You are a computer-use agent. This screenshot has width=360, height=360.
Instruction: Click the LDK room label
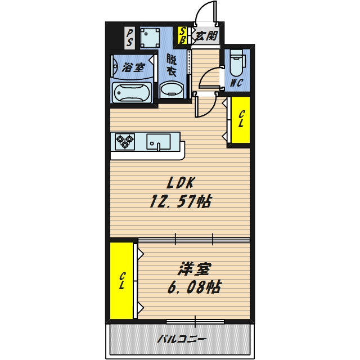coord(181,183)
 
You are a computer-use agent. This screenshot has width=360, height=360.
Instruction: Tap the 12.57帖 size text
coord(180,201)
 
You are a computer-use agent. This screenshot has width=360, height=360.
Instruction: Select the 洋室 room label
coord(194,269)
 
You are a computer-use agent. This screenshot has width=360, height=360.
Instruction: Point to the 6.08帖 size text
coord(195,287)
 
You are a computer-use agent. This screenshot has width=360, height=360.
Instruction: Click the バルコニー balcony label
coord(181,339)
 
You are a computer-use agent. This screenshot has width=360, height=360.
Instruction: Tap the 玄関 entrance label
coord(206,36)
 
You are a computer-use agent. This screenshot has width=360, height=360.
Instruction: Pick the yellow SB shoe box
coord(182,35)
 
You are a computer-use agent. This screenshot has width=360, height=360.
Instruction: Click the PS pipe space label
coord(129,38)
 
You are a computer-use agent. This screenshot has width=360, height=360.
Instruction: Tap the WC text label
coord(237,83)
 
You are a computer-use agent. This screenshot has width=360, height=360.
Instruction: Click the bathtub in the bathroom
coord(132,93)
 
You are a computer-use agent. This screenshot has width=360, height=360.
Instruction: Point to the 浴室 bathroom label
coord(133,67)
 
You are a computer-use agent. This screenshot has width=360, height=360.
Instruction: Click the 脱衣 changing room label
coord(171,65)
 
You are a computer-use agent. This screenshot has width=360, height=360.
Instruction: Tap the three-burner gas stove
coord(125,141)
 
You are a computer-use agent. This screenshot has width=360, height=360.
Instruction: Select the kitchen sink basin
coord(159,142)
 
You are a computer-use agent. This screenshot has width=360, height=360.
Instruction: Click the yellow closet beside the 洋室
coord(121,281)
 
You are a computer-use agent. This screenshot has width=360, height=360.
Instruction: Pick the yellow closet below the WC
coord(240,120)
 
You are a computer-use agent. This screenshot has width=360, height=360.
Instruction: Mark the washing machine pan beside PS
coord(150,38)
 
